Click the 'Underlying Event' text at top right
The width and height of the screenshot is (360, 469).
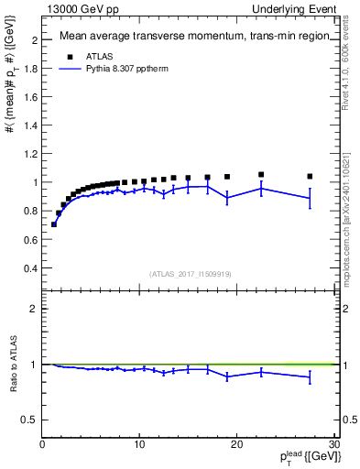(296, 9)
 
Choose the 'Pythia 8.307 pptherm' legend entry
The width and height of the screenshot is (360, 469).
(119, 68)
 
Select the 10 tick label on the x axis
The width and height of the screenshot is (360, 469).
(139, 444)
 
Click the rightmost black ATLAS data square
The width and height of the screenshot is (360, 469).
(310, 176)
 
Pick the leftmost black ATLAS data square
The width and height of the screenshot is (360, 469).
(53, 224)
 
